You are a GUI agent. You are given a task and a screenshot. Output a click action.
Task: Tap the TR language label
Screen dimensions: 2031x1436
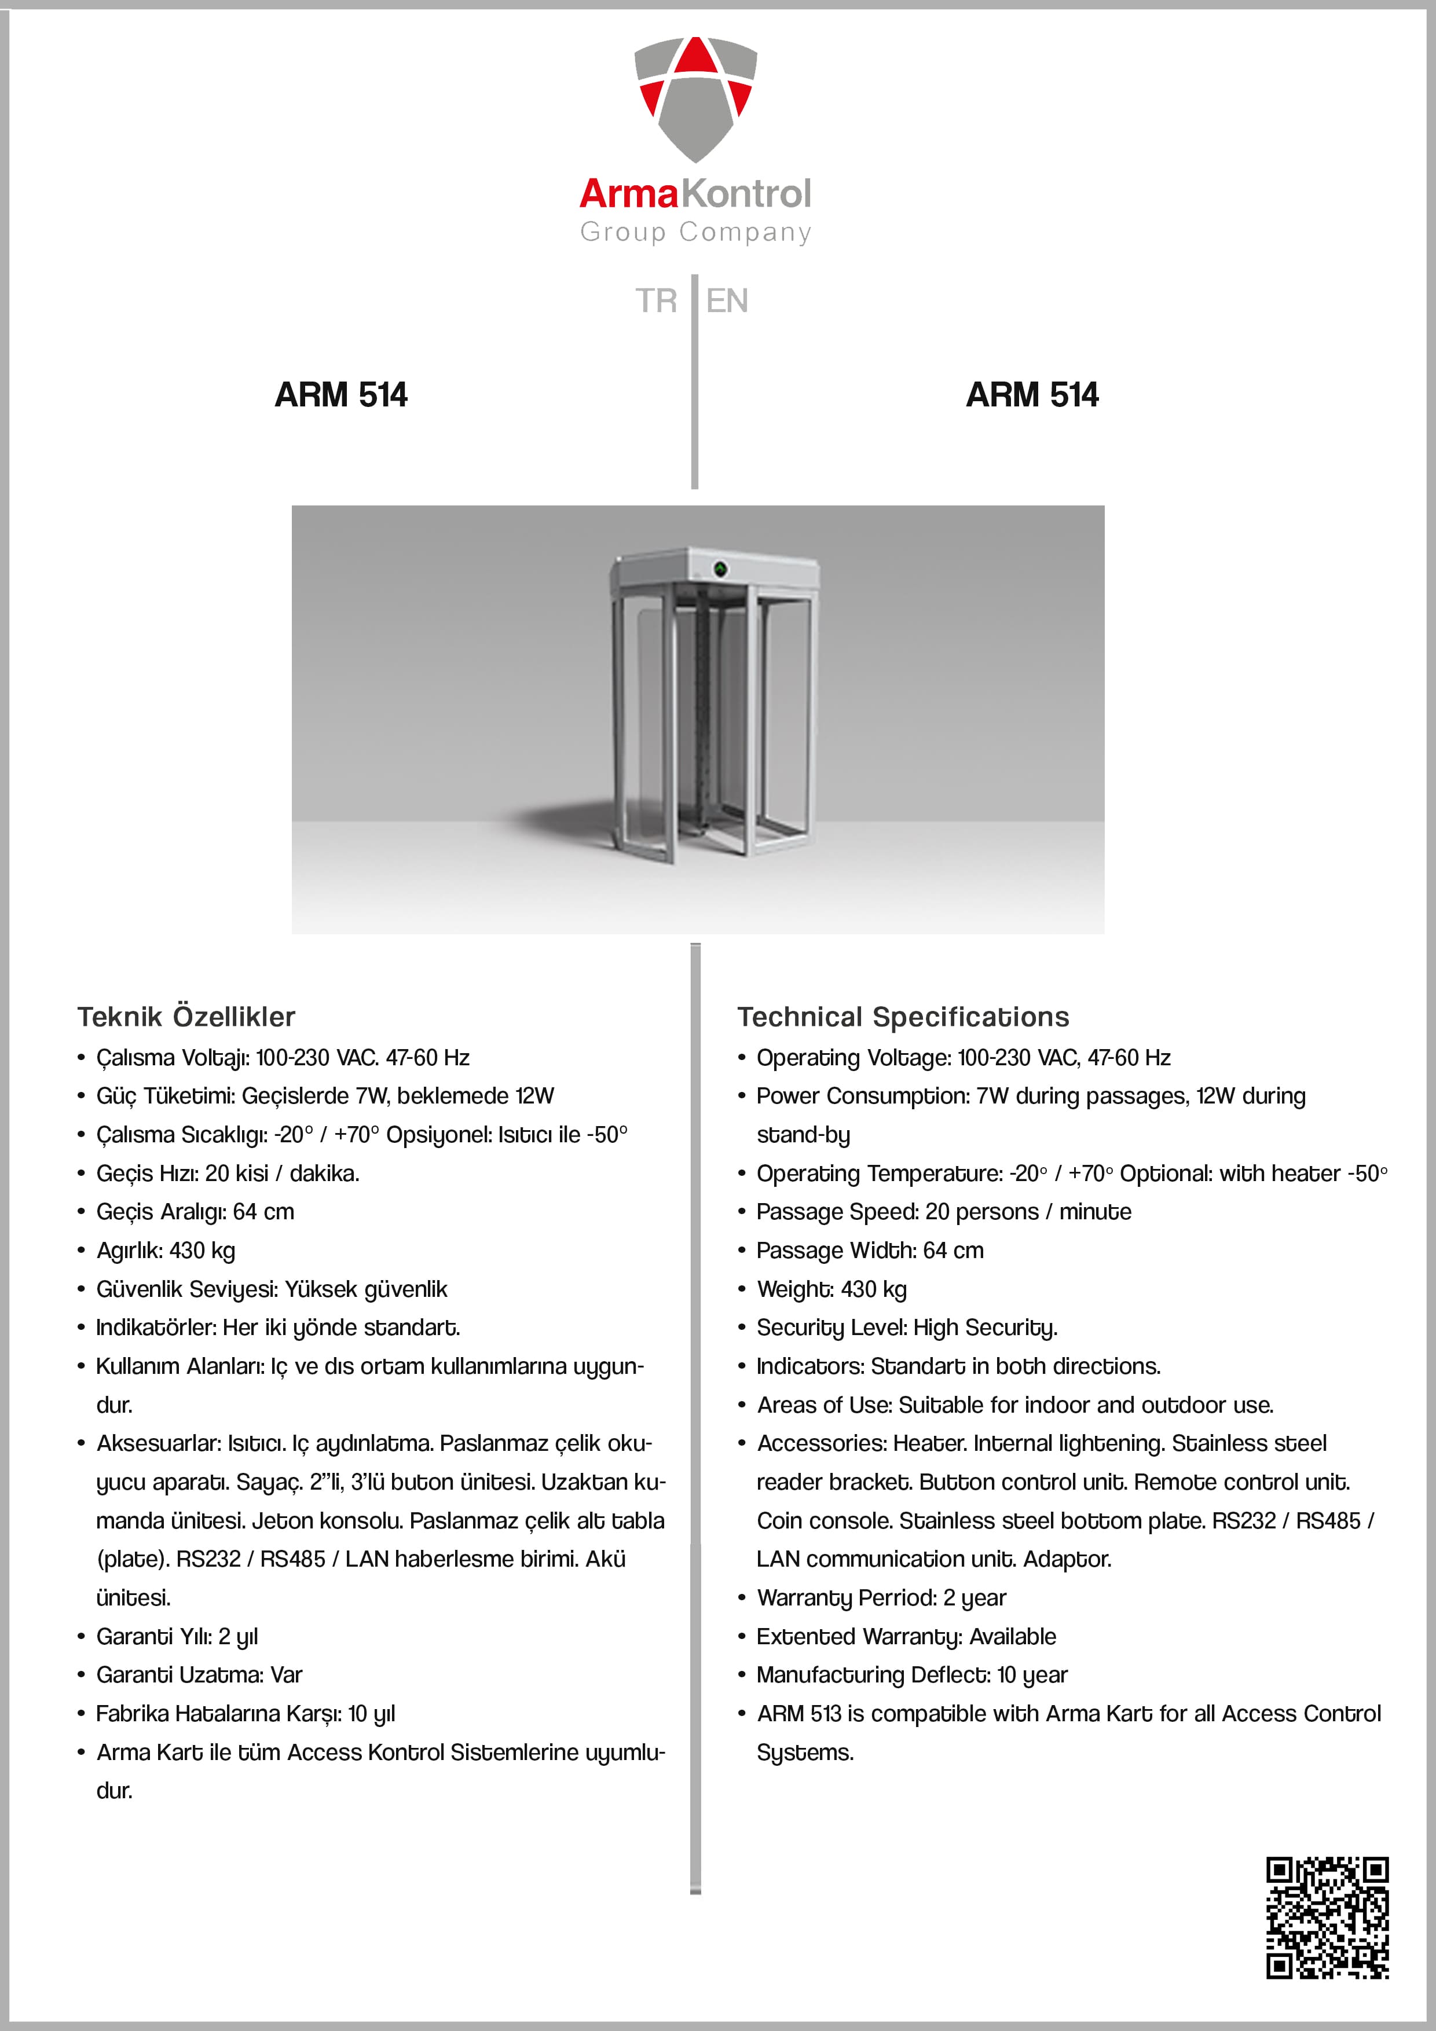tap(655, 300)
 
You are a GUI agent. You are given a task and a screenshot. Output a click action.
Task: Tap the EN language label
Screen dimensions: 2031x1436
tap(727, 300)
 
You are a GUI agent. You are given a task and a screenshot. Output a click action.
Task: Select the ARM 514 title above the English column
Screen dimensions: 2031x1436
tap(1032, 394)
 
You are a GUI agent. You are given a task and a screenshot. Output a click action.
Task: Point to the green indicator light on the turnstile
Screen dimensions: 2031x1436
tap(720, 569)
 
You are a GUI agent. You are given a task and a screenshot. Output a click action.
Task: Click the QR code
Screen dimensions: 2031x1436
tap(1327, 1917)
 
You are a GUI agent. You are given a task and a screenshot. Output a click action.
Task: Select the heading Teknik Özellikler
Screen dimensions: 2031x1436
tap(186, 1017)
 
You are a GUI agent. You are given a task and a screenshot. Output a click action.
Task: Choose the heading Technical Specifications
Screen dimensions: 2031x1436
tap(903, 1017)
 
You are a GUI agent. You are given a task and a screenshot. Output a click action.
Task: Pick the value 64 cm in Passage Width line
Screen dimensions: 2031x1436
tap(953, 1250)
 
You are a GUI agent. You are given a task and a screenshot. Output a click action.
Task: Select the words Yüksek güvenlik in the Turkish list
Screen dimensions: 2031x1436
tap(365, 1289)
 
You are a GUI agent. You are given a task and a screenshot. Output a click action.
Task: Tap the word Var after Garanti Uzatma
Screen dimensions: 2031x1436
tap(286, 1674)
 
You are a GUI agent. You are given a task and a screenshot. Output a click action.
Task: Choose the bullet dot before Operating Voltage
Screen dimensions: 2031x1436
tap(742, 1058)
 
